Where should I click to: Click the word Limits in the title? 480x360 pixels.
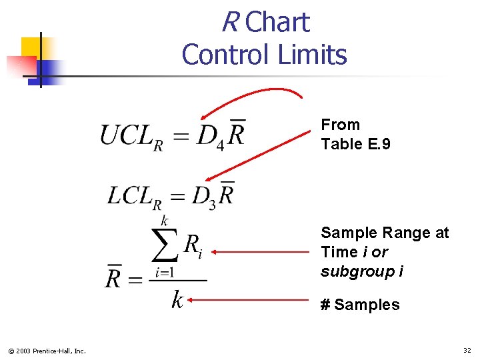coord(314,55)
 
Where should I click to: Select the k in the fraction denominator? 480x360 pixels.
coord(177,300)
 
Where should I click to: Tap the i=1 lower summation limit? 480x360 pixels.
coord(165,272)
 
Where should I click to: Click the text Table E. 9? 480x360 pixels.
coord(355,144)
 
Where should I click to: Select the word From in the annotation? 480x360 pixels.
coord(340,125)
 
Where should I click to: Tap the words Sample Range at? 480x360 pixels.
coord(385,233)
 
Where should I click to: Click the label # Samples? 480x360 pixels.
coord(360,305)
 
